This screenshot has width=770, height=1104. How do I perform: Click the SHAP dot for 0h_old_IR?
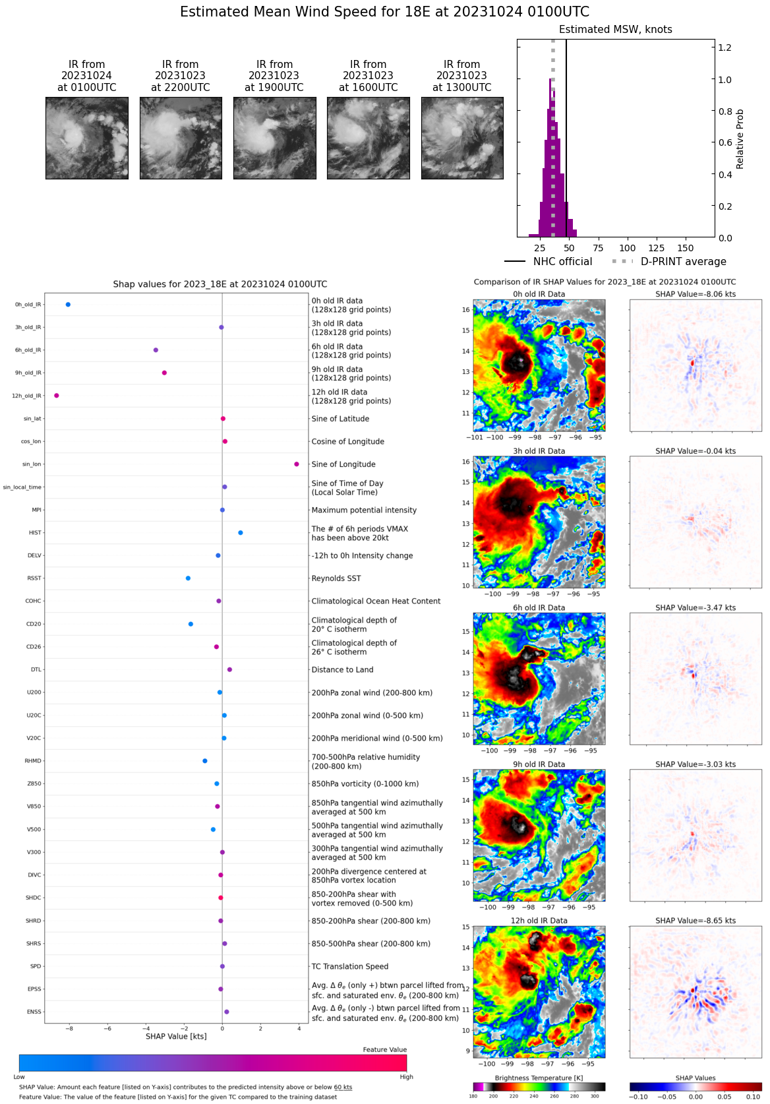coord(68,305)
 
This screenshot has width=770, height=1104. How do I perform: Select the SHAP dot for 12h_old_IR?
coord(57,396)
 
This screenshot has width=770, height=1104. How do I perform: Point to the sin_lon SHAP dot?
coord(297,464)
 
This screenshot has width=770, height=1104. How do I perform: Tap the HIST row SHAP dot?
coord(240,533)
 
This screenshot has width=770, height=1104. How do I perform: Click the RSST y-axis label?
coord(34,578)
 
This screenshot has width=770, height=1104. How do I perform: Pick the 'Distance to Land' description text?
coord(342,669)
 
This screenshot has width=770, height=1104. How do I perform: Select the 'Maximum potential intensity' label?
coord(364,510)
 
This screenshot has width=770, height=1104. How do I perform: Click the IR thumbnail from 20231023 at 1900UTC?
coord(274,138)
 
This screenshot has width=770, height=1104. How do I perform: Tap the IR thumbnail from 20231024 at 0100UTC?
coord(87,138)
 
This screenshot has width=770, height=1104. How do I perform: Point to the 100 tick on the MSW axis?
coord(628,248)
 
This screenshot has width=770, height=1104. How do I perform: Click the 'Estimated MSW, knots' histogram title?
coord(615,30)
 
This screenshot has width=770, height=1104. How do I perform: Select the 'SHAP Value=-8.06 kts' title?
coord(696,294)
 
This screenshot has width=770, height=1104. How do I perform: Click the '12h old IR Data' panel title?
coord(539,921)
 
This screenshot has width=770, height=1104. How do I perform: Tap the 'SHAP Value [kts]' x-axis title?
coord(176,1036)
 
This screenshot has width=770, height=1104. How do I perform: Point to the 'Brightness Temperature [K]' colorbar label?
coord(539,1078)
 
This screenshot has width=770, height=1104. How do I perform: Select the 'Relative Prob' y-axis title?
coord(740,139)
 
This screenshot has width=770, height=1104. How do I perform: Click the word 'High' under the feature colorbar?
coord(406,1077)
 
